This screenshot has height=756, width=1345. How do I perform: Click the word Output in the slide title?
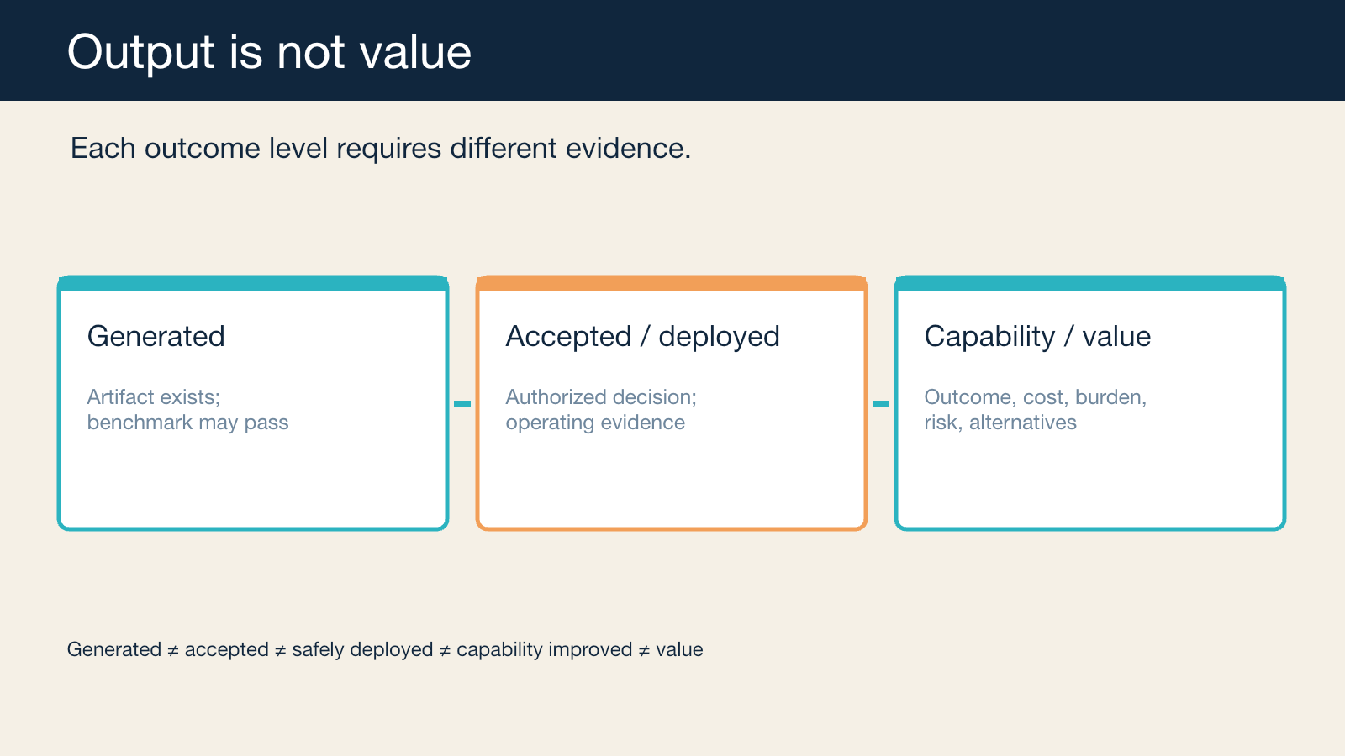pyautogui.click(x=140, y=53)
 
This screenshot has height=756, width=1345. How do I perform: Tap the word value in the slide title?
pyautogui.click(x=415, y=52)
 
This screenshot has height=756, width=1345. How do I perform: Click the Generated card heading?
pyautogui.click(x=156, y=336)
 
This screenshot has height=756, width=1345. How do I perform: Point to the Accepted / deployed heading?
pyautogui.click(x=642, y=337)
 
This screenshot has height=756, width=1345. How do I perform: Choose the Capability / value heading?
pyautogui.click(x=1037, y=337)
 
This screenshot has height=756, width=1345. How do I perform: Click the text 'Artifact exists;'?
pyautogui.click(x=154, y=397)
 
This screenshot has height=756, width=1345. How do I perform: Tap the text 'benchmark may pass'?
pyautogui.click(x=188, y=423)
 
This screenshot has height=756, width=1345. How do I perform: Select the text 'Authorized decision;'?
pyautogui.click(x=601, y=397)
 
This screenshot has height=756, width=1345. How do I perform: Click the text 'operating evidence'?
pyautogui.click(x=595, y=423)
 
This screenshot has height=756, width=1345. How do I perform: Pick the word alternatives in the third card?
pyautogui.click(x=1022, y=423)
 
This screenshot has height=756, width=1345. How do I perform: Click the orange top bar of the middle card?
pyautogui.click(x=672, y=283)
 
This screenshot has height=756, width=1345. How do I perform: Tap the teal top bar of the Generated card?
pyautogui.click(x=253, y=283)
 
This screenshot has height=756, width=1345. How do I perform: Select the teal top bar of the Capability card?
pyautogui.click(x=1089, y=283)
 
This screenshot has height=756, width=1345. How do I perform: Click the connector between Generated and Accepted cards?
pyautogui.click(x=462, y=404)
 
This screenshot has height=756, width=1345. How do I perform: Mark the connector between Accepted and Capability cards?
pyautogui.click(x=881, y=404)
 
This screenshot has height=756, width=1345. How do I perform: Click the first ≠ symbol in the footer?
pyautogui.click(x=173, y=650)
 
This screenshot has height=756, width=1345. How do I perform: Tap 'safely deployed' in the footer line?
pyautogui.click(x=362, y=650)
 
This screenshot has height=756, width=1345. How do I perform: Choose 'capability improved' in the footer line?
pyautogui.click(x=544, y=650)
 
